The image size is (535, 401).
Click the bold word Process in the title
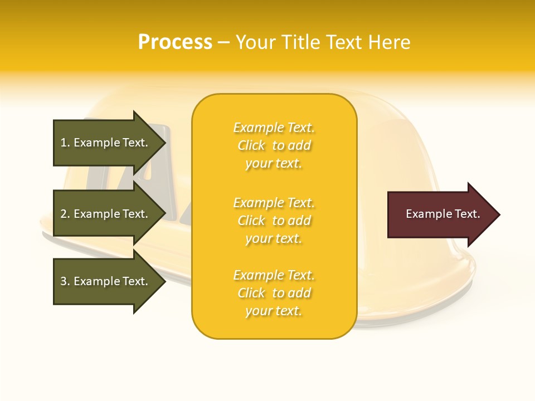click(175, 42)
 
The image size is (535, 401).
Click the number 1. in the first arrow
click(65, 143)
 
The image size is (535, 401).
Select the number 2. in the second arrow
click(65, 214)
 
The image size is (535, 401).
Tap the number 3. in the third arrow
click(65, 281)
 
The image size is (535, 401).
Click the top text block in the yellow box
click(274, 145)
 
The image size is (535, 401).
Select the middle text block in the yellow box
click(274, 221)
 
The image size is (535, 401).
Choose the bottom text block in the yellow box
click(274, 293)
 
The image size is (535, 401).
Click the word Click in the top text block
click(251, 145)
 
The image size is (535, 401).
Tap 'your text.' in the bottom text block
click(274, 311)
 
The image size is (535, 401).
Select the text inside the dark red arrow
click(443, 214)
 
